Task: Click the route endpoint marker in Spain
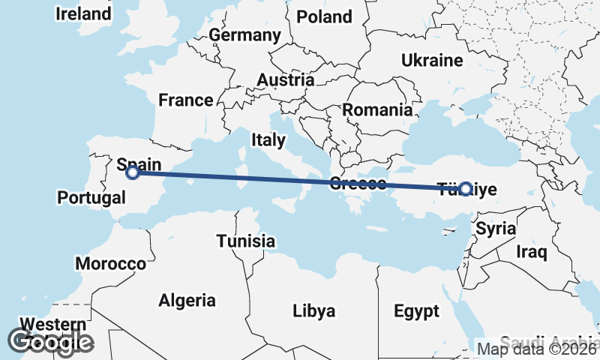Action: [133, 172]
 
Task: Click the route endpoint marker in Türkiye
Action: [466, 189]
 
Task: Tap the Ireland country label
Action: [83, 13]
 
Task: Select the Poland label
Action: [324, 16]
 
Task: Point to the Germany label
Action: [244, 35]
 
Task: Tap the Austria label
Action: [285, 80]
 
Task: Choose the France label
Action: [186, 100]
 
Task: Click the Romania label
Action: [377, 110]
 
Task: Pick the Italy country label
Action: [268, 139]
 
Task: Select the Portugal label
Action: [91, 198]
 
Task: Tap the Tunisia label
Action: [245, 241]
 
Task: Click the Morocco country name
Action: [110, 264]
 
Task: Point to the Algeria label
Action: [187, 301]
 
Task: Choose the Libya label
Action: [313, 310]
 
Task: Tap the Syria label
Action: [496, 228]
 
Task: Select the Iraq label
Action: [532, 252]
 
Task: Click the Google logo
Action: [51, 342]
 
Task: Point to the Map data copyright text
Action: [537, 349]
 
